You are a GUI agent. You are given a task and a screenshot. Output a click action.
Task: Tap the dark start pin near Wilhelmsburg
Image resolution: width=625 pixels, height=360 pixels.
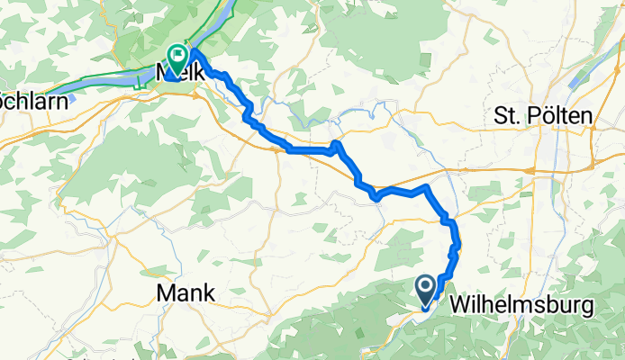click(426, 289)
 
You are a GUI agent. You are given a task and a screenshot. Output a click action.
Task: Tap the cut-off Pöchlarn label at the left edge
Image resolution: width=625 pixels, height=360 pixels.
click(33, 101)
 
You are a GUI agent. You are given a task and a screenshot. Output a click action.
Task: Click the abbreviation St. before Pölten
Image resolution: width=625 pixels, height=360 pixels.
click(508, 116)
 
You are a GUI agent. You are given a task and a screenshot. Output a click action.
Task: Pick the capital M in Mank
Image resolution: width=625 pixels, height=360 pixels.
click(167, 292)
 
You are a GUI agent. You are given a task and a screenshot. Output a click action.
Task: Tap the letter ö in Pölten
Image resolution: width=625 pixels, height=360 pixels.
click(545, 116)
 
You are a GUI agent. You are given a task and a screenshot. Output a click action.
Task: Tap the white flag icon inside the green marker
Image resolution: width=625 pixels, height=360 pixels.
click(177, 54)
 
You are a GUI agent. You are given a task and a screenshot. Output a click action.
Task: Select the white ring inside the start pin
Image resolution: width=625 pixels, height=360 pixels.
click(426, 286)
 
